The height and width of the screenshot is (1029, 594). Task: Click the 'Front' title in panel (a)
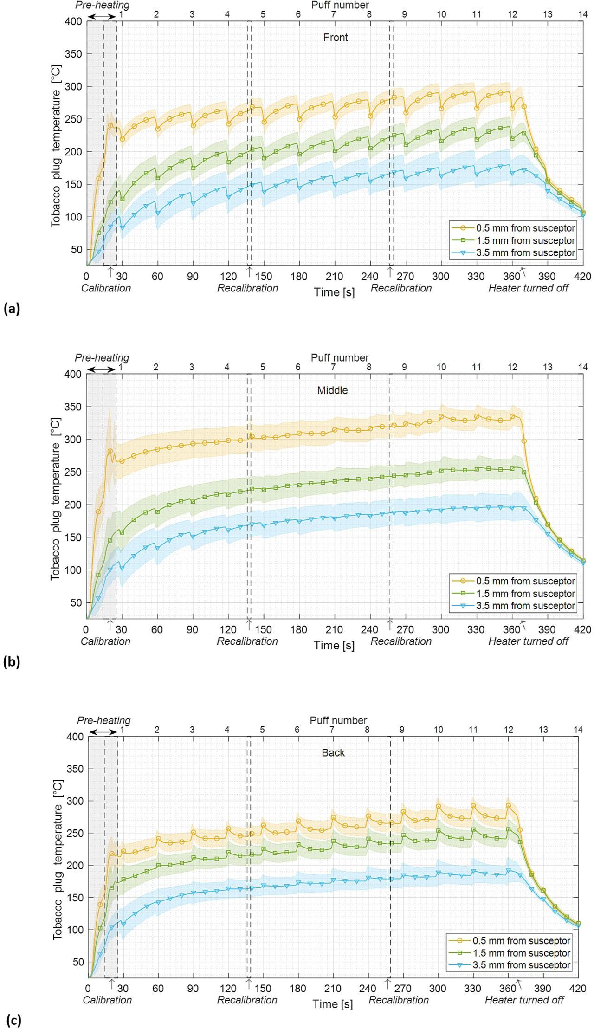(x=335, y=38)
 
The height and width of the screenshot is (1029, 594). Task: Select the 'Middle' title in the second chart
(x=332, y=390)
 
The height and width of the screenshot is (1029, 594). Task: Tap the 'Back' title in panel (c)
(x=333, y=752)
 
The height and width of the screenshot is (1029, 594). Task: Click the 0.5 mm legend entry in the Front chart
(x=525, y=228)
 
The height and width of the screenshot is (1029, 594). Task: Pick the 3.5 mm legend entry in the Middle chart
(x=525, y=606)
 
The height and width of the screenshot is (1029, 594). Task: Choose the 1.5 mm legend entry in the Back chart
(x=521, y=953)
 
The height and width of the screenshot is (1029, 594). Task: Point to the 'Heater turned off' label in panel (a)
(x=528, y=288)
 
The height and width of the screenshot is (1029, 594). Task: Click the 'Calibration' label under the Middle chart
(x=105, y=641)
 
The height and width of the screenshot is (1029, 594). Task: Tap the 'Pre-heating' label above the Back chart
(x=103, y=720)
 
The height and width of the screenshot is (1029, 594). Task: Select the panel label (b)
(x=12, y=662)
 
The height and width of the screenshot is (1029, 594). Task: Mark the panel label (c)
(x=13, y=1021)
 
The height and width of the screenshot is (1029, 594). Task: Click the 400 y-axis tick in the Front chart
(x=74, y=21)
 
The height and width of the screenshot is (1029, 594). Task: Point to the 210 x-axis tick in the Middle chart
(x=334, y=630)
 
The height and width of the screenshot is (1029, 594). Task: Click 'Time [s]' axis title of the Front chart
(x=334, y=292)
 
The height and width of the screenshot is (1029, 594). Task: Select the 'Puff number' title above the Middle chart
(x=340, y=358)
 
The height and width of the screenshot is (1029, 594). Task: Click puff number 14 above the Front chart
(x=583, y=14)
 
